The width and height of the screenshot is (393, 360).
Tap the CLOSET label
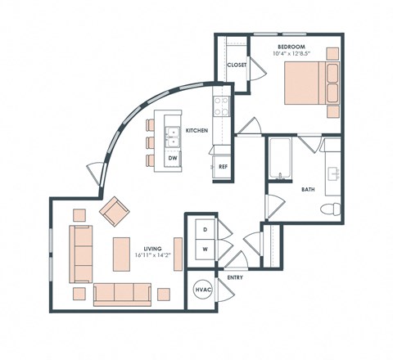pos(237,65)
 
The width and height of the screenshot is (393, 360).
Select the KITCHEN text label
pos(196,131)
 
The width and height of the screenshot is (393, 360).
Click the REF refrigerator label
pos(222,167)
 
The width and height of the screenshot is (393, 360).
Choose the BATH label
pos(308,189)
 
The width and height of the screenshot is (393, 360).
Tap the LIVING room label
pos(152,248)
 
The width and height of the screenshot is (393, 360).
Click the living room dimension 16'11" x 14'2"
pos(152,256)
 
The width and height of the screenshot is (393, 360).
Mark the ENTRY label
pos(236,278)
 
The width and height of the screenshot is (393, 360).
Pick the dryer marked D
pos(204,230)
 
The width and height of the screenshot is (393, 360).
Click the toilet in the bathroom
pos(329,209)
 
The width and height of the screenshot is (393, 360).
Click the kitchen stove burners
pos(221,106)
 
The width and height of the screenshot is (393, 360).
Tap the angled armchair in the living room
pos(114,212)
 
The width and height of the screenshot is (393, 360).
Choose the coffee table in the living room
pos(120,253)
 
